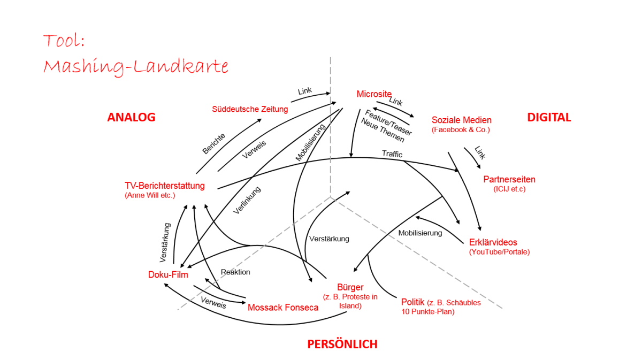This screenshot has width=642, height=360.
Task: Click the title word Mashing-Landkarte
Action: pyautogui.click(x=136, y=67)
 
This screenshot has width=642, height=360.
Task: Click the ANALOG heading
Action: pyautogui.click(x=131, y=117)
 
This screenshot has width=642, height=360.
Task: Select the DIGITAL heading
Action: pyautogui.click(x=549, y=117)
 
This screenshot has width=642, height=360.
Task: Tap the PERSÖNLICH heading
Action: pyautogui.click(x=342, y=344)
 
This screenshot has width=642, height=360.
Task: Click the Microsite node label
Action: pyautogui.click(x=374, y=94)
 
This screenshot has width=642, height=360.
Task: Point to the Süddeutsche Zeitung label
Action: pyautogui.click(x=250, y=109)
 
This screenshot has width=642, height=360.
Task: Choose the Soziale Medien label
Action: pyautogui.click(x=461, y=120)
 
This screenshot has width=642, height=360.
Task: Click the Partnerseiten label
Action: pyautogui.click(x=509, y=179)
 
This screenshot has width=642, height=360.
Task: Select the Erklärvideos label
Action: pyautogui.click(x=493, y=242)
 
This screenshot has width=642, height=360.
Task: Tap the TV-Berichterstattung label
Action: pyautogui.click(x=165, y=186)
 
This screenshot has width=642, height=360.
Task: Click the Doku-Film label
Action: pyautogui.click(x=168, y=274)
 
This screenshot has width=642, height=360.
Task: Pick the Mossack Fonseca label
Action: pyautogui.click(x=283, y=307)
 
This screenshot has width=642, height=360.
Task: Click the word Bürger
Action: pyautogui.click(x=350, y=287)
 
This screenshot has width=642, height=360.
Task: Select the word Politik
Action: pyautogui.click(x=413, y=302)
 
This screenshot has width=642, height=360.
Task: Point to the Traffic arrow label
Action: pyautogui.click(x=392, y=154)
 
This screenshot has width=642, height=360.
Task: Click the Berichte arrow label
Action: pyautogui.click(x=213, y=143)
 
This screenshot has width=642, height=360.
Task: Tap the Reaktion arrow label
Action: pyautogui.click(x=235, y=272)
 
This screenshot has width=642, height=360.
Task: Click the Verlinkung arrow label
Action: pyautogui.click(x=247, y=201)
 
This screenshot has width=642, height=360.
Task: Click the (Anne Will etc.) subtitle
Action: pyautogui.click(x=150, y=195)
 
